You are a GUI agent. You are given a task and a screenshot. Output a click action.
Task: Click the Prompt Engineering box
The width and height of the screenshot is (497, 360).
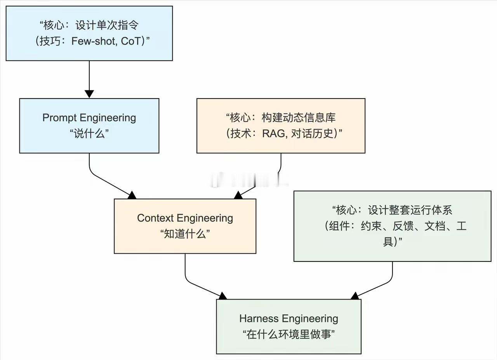(89, 126)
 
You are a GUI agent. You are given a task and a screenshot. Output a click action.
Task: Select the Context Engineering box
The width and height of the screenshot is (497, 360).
(185, 226)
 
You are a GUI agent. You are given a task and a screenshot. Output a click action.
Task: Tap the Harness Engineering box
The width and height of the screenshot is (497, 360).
(288, 326)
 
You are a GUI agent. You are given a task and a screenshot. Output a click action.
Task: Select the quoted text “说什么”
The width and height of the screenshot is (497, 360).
(89, 134)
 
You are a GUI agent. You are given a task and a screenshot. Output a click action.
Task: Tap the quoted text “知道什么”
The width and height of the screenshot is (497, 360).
(185, 234)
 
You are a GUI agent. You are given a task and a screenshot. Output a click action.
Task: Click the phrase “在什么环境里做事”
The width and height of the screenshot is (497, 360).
(288, 334)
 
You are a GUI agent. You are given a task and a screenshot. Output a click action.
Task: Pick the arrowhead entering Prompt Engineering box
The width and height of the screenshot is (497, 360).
(89, 94)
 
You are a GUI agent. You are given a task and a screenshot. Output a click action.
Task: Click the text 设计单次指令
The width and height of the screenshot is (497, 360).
(107, 26)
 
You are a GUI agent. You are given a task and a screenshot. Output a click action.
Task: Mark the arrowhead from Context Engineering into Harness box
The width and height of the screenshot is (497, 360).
(222, 296)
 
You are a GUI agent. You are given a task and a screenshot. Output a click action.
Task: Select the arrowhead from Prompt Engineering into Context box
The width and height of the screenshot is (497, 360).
(132, 195)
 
